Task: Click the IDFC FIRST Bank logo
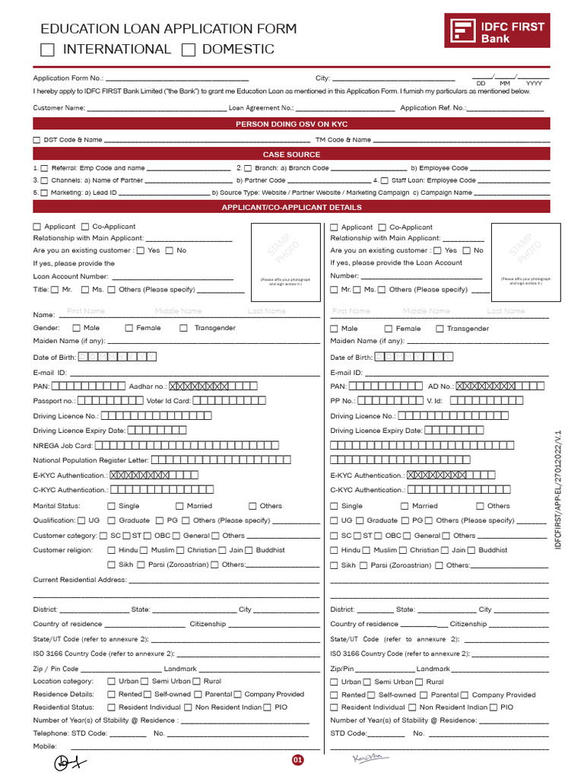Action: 497,32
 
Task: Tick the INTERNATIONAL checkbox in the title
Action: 47,50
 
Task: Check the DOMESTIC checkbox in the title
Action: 189,50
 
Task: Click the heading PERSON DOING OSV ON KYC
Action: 291,124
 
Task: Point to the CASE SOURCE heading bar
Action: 291,154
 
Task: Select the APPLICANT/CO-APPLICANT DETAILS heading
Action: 291,207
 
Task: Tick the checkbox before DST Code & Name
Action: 36,140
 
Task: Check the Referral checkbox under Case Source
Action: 44,168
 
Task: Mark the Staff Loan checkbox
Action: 384,181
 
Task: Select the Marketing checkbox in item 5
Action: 44,193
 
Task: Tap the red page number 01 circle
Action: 298,759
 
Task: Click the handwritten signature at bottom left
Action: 70,762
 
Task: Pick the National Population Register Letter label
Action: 90,460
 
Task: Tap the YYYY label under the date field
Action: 534,83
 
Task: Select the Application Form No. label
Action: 67,78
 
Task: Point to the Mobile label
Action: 45,746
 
